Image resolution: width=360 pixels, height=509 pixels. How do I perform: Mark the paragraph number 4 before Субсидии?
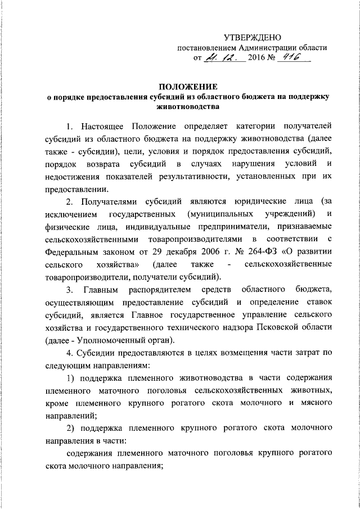point(69,354)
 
